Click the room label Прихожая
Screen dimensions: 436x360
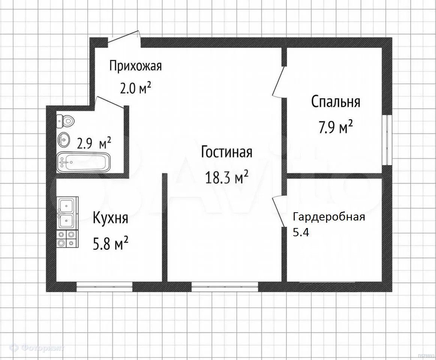click(x=136, y=66)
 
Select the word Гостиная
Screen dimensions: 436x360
click(x=227, y=152)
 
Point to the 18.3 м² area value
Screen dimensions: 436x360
click(x=227, y=177)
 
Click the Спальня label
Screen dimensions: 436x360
click(x=336, y=102)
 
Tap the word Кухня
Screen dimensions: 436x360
click(x=110, y=217)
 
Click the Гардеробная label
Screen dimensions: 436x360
click(x=329, y=217)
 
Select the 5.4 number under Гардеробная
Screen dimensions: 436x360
click(x=301, y=232)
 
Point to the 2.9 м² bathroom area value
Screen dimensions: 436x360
click(x=94, y=144)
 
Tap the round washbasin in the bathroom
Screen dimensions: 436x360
click(x=64, y=139)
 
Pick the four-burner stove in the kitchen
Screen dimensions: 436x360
click(x=66, y=239)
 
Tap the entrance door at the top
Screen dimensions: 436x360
click(x=124, y=38)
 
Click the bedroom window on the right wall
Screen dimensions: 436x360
click(x=387, y=140)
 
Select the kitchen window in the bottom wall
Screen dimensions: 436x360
click(x=104, y=286)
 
